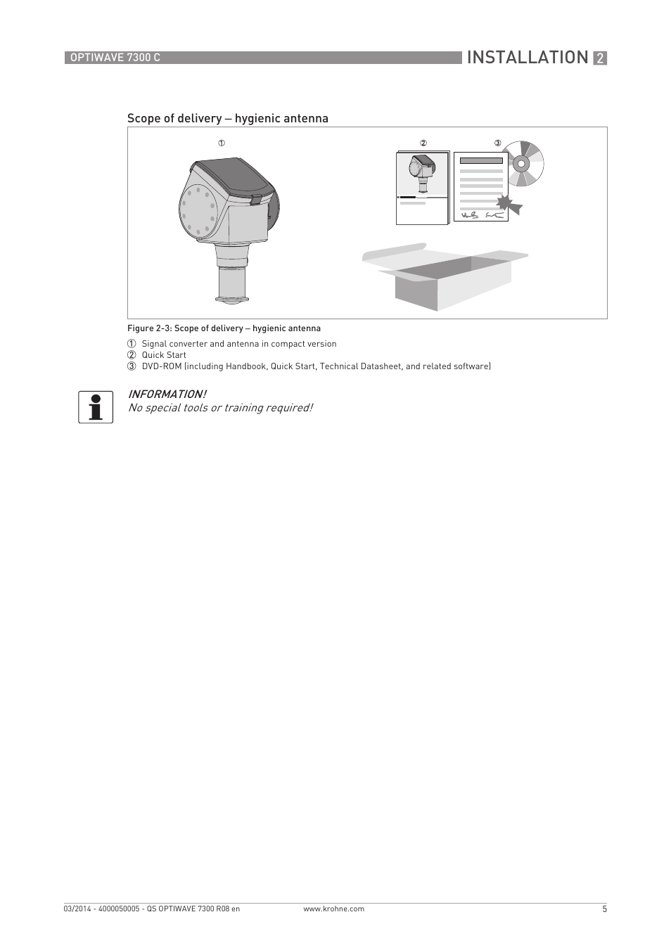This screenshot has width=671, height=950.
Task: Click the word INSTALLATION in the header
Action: (x=527, y=58)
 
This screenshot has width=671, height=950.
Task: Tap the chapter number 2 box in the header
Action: (x=599, y=58)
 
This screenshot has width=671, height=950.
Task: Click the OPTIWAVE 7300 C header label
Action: (x=113, y=58)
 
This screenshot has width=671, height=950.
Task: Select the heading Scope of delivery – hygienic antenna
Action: (x=227, y=118)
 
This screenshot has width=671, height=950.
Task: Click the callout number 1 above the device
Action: (x=221, y=143)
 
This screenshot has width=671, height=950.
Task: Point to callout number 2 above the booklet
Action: (x=423, y=143)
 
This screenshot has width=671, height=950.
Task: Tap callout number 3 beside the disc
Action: (x=497, y=143)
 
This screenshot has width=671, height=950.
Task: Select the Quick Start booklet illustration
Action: (x=422, y=188)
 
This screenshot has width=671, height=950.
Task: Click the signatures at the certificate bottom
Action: (x=483, y=214)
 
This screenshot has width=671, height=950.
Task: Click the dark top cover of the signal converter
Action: (x=234, y=178)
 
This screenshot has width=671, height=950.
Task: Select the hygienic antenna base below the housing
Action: (x=232, y=285)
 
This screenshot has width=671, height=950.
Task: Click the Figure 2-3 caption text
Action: (x=224, y=328)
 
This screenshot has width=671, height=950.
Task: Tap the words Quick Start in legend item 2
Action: (x=164, y=355)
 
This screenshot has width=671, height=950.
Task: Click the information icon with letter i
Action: (x=96, y=406)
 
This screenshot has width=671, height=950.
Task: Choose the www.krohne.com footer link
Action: (x=333, y=909)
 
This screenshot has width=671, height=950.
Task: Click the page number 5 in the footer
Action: (x=604, y=909)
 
